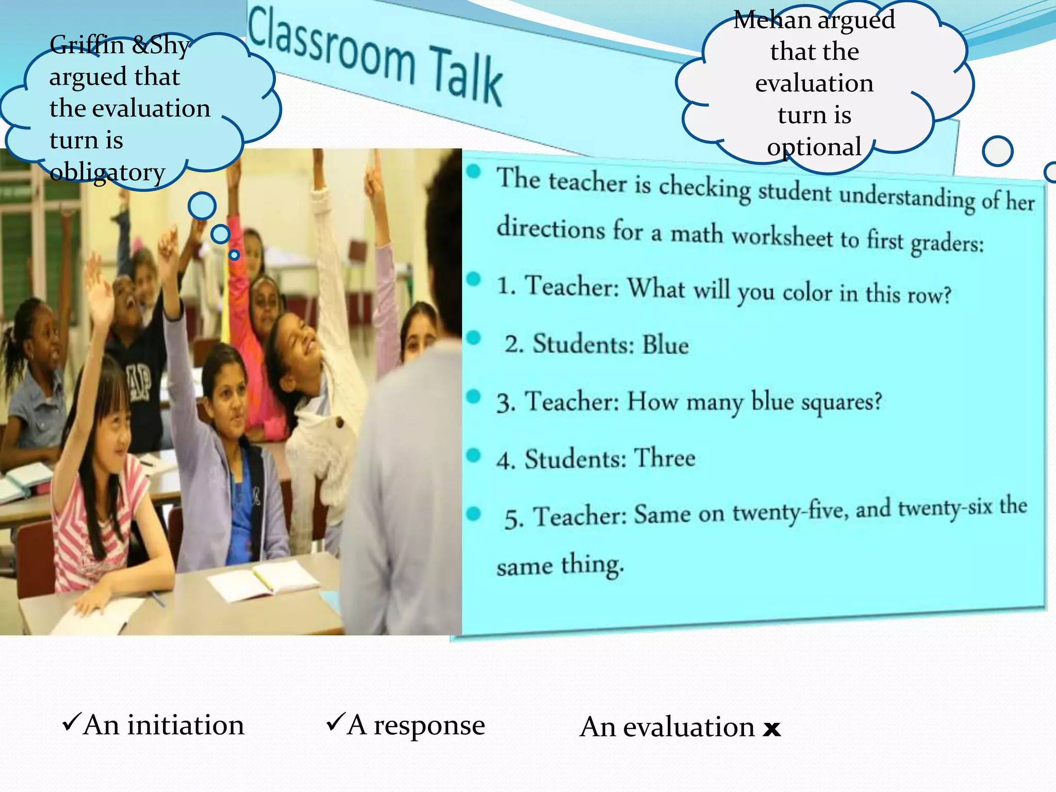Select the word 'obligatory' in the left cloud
tap(107, 172)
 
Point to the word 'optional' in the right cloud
tap(814, 147)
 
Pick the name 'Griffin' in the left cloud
tap(87, 45)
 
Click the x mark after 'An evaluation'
tap(772, 729)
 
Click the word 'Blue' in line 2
tap(665, 344)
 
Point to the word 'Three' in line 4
tap(664, 458)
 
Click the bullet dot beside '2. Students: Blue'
tap(473, 338)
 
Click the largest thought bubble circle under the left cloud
tap(202, 206)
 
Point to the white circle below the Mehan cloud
tap(997, 151)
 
